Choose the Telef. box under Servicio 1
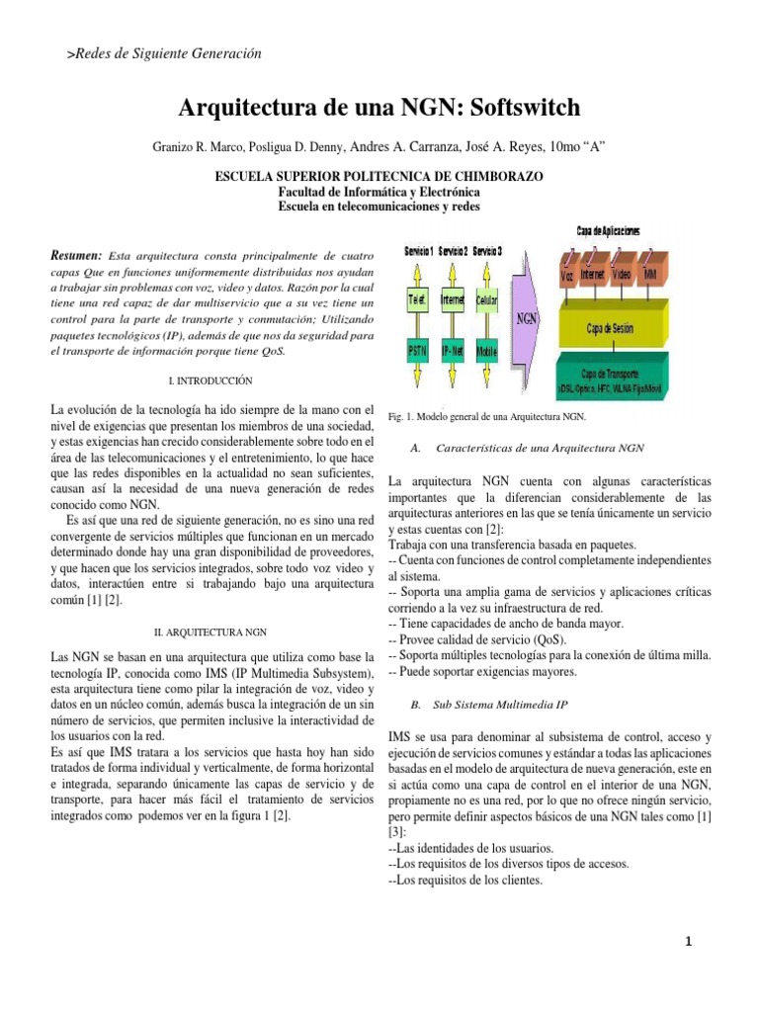coord(417,297)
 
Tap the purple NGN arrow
coord(529,319)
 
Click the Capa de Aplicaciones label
coord(608,230)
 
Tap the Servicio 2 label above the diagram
coord(453,252)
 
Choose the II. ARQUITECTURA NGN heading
coord(212,631)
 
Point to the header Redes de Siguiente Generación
coord(165,50)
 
